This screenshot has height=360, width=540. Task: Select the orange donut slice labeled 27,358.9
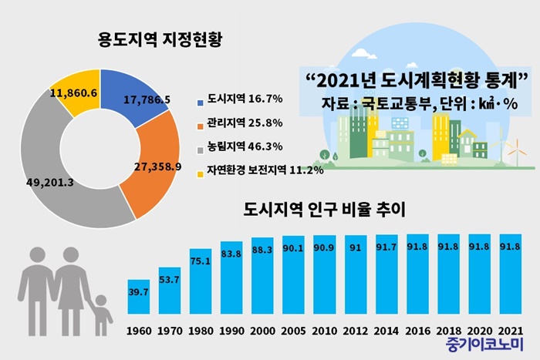pos(155,165)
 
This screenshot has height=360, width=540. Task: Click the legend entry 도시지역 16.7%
pos(240,99)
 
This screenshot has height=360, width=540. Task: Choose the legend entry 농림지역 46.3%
pos(240,147)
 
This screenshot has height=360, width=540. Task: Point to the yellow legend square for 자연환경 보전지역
pos(200,174)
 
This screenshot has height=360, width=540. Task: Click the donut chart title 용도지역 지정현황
pos(160,39)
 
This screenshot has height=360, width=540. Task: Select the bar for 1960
pos(139,297)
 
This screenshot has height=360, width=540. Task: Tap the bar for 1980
pos(201,281)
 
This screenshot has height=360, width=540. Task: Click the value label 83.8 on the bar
pos(231,254)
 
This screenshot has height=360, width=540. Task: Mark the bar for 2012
pos(356,274)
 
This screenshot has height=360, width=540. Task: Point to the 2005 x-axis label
pos(293,331)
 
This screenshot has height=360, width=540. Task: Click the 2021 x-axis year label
pos(511,331)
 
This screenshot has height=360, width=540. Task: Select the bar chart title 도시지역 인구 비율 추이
pos(325,209)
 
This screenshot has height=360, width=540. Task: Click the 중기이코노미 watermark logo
pos(484,345)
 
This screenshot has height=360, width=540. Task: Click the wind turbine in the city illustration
pos(516,152)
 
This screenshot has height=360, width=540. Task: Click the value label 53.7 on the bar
pos(169,280)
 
